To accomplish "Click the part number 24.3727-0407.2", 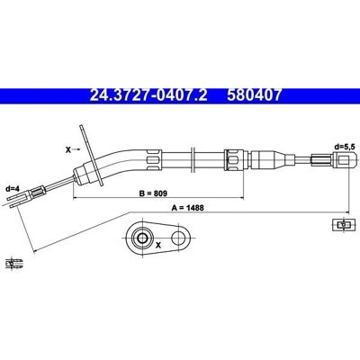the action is (148, 95).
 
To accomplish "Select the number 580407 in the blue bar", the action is (255, 95).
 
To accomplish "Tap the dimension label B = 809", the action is (153, 193).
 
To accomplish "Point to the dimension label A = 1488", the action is (188, 208).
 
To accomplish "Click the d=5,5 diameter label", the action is (346, 147).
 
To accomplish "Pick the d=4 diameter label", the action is (13, 189).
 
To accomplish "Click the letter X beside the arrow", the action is (68, 149).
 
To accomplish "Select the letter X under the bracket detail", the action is (158, 246).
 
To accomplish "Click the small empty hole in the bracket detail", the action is (179, 238).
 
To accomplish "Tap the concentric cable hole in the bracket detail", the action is (141, 238).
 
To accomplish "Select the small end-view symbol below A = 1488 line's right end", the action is (341, 224).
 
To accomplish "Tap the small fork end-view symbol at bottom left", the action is (13, 263).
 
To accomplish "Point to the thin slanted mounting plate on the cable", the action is (91, 156).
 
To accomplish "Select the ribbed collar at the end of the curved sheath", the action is (154, 159).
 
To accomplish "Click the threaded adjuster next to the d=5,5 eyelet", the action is (322, 159).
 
